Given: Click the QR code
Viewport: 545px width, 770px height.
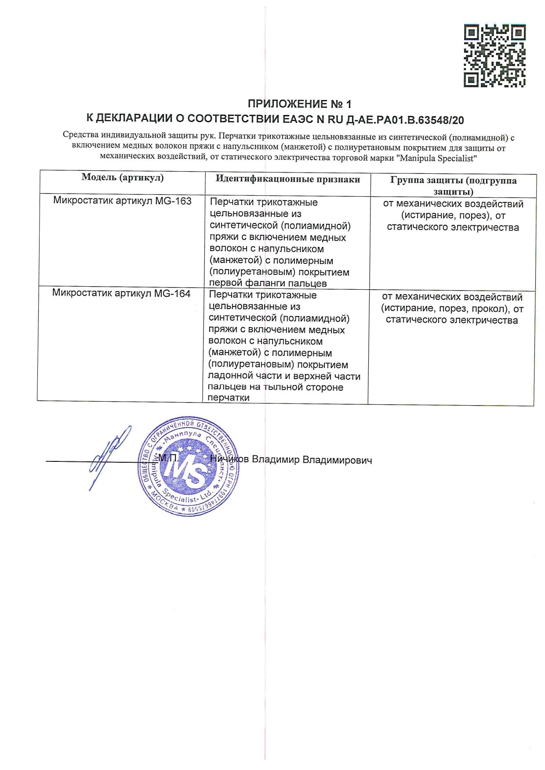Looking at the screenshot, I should pos(495,56).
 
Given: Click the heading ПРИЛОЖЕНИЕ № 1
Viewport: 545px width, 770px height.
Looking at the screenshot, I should pos(300,104).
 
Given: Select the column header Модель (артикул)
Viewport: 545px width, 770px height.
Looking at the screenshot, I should pos(123,178).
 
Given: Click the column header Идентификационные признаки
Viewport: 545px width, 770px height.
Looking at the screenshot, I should pos(287,179).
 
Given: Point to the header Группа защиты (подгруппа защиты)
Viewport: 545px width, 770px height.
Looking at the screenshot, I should pos(453,186).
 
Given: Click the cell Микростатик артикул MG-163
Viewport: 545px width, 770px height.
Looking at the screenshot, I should pos(122,201).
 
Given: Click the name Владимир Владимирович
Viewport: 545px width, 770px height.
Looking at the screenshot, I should pos(314,460).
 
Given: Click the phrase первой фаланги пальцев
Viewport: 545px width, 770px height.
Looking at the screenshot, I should pos(269,283).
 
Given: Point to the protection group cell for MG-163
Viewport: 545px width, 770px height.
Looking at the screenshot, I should pos(453,216).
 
